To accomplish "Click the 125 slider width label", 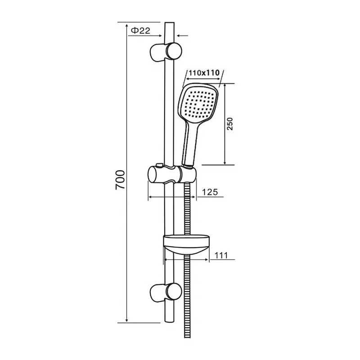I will point(209,192).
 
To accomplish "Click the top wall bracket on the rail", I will point(166,51).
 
